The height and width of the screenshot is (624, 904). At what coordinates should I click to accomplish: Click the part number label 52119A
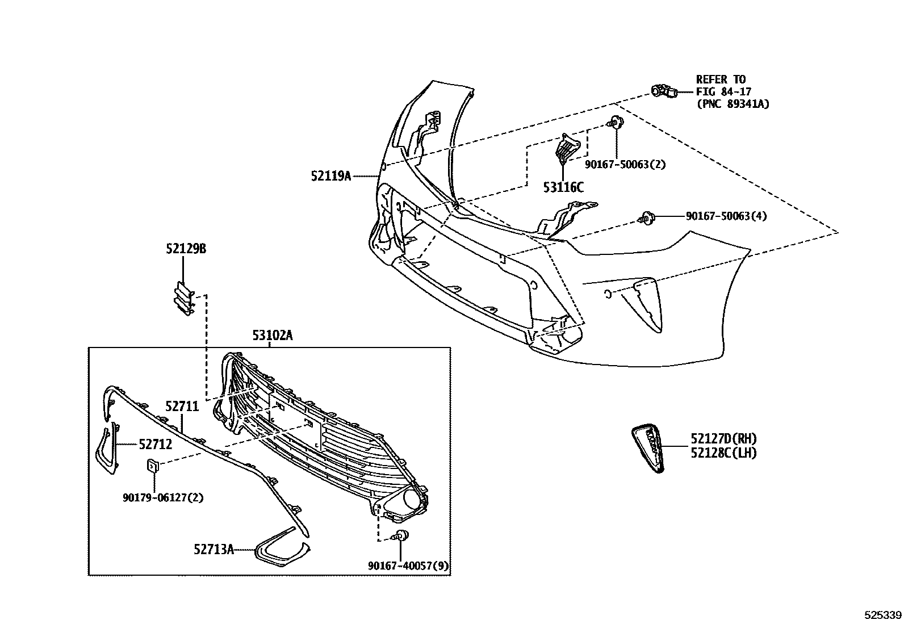click(331, 176)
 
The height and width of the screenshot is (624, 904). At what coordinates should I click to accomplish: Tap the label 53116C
click(563, 187)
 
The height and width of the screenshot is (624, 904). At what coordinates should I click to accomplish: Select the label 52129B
click(186, 249)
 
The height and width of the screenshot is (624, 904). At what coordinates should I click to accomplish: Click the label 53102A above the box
click(273, 336)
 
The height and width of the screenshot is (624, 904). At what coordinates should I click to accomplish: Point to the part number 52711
click(182, 407)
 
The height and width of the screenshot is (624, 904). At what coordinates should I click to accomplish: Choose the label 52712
click(156, 445)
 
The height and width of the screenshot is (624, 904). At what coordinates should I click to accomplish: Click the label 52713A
click(214, 549)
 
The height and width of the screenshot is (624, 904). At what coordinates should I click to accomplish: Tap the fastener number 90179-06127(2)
click(163, 497)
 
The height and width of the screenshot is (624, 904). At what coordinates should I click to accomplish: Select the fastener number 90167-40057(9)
click(408, 566)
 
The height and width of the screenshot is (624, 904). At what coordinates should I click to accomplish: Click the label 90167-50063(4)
click(726, 216)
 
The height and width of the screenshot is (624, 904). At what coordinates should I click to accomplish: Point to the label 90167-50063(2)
click(625, 164)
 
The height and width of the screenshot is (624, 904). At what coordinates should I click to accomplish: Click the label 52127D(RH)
click(723, 438)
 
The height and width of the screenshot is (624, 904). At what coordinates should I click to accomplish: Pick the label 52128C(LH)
click(723, 453)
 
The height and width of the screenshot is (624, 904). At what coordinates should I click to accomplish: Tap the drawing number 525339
click(882, 615)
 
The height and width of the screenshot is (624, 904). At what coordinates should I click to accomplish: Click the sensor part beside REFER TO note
click(664, 91)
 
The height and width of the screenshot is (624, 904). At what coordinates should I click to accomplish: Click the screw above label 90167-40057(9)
click(401, 536)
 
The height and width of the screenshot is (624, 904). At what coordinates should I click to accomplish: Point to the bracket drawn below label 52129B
click(183, 298)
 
